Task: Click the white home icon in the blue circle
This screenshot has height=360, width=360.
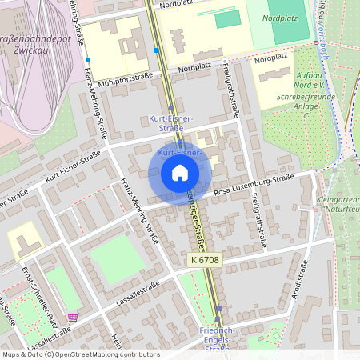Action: pyautogui.click(x=179, y=173)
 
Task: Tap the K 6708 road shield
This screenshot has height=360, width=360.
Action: pyautogui.click(x=206, y=261)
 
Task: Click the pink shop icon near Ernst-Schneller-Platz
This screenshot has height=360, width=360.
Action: pyautogui.click(x=73, y=317)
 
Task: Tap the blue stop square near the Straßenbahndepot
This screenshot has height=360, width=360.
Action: pyautogui.click(x=89, y=60)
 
